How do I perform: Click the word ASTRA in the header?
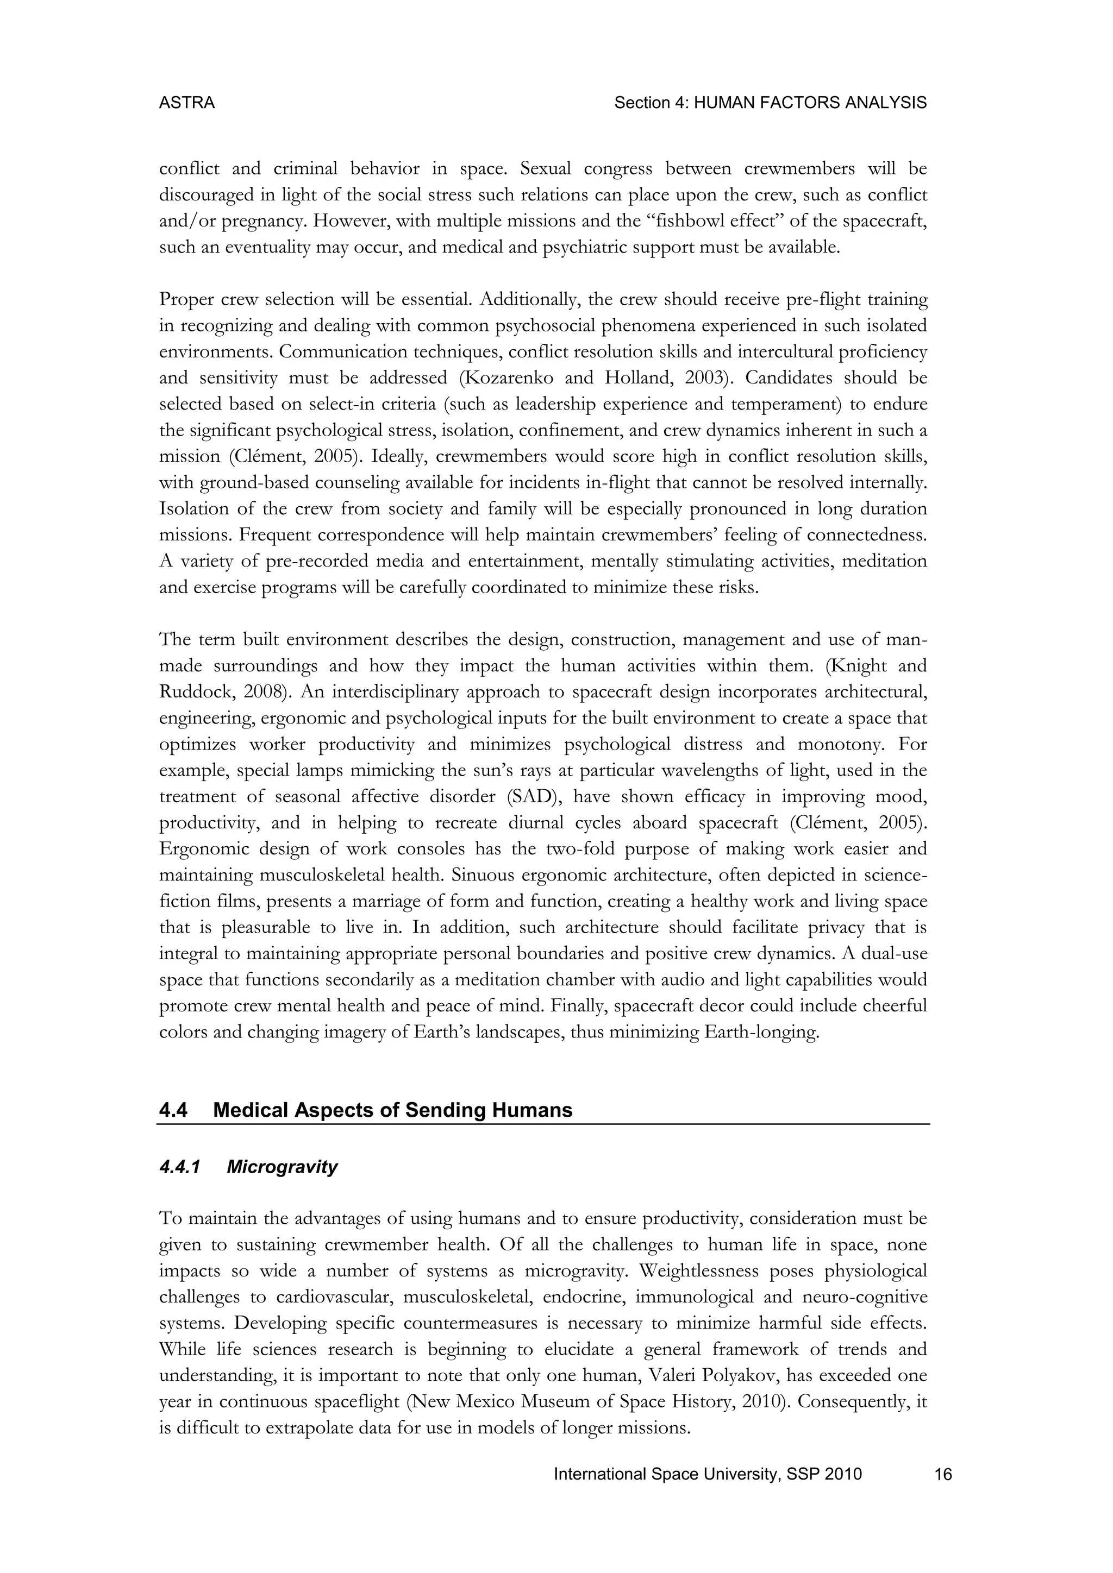pyautogui.click(x=186, y=103)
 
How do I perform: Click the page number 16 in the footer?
pyautogui.click(x=943, y=1474)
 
